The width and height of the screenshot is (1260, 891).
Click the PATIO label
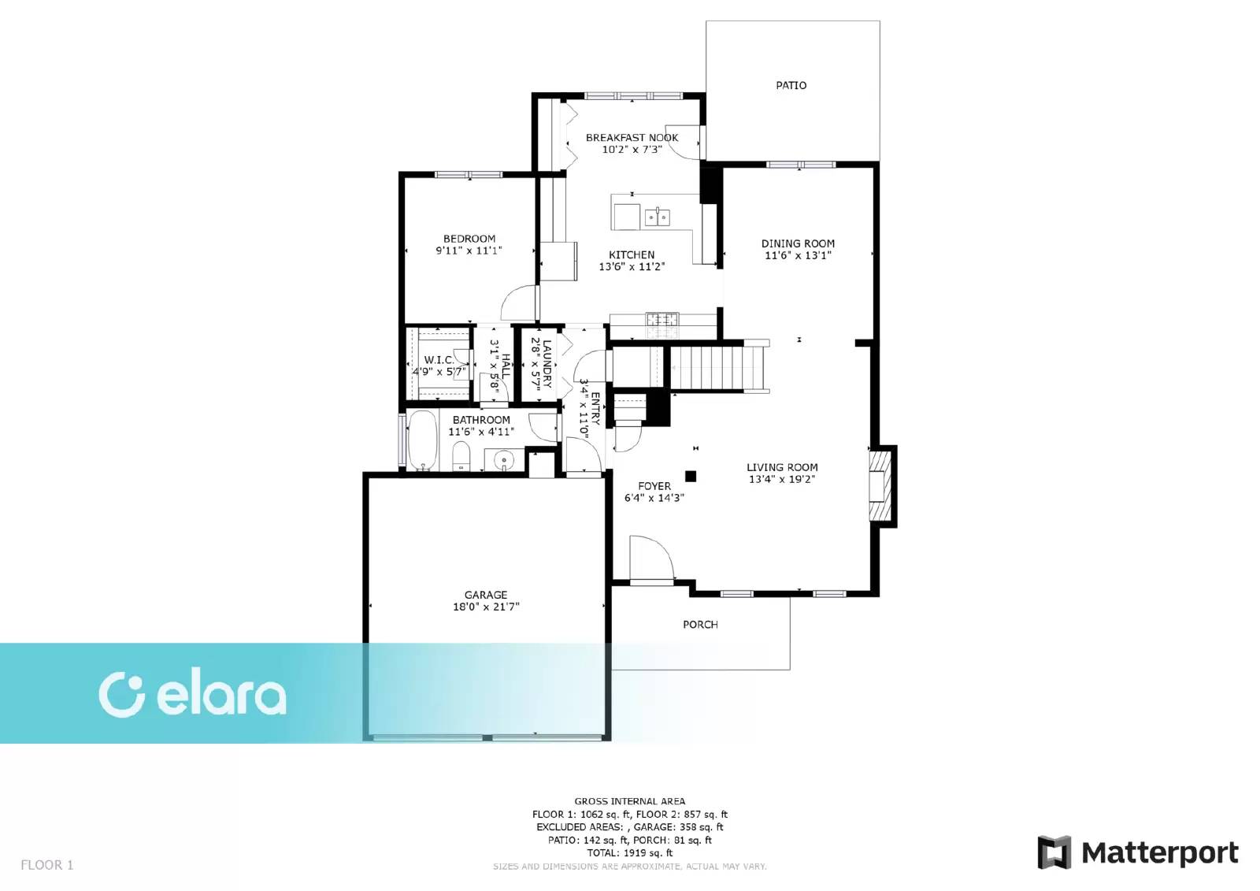tap(791, 86)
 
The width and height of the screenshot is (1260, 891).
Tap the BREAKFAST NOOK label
tap(632, 137)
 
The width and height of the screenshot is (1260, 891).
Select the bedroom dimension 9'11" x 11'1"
tap(469, 251)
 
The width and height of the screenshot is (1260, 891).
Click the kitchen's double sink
tap(657, 216)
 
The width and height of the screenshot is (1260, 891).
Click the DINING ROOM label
tap(798, 243)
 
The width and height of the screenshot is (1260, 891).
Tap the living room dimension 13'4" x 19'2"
tap(782, 480)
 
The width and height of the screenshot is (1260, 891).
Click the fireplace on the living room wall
tap(881, 486)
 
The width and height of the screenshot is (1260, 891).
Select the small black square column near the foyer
tap(691, 476)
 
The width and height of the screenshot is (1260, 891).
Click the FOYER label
tap(654, 486)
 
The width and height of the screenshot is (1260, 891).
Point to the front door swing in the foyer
tap(651, 558)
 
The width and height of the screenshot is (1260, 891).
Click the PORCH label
tap(700, 625)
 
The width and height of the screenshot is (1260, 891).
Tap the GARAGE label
tap(486, 595)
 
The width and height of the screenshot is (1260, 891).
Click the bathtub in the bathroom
tap(422, 440)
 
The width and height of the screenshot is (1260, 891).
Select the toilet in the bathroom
tap(461, 456)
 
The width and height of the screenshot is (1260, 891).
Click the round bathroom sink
tap(503, 461)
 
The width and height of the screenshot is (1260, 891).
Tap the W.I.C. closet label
tap(439, 360)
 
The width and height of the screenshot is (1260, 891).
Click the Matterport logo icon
tap(1054, 852)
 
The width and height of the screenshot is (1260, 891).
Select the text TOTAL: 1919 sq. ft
tap(629, 852)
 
